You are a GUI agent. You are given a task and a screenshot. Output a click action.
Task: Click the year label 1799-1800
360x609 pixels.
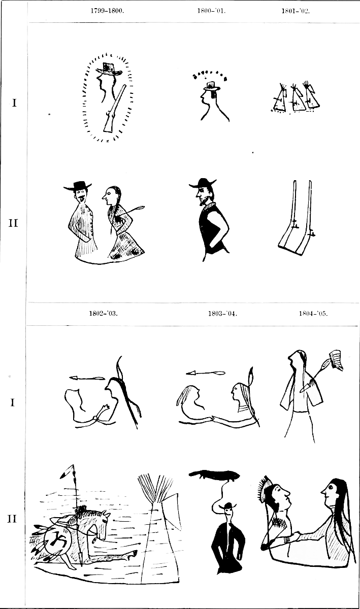107,11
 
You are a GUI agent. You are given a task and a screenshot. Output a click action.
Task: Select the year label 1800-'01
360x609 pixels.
211,11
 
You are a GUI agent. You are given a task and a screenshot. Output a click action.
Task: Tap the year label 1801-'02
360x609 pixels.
296,11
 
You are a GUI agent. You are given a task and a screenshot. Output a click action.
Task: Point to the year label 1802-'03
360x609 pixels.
104,314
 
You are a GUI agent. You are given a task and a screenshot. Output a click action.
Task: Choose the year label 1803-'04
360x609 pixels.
222,314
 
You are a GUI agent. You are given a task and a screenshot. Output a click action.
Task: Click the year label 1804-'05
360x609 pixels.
313,314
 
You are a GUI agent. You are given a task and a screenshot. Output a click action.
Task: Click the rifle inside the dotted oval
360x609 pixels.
115,108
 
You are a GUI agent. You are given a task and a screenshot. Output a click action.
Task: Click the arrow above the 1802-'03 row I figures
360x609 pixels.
87,378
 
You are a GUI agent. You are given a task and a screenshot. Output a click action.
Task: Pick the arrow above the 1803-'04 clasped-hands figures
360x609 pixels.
206,373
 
